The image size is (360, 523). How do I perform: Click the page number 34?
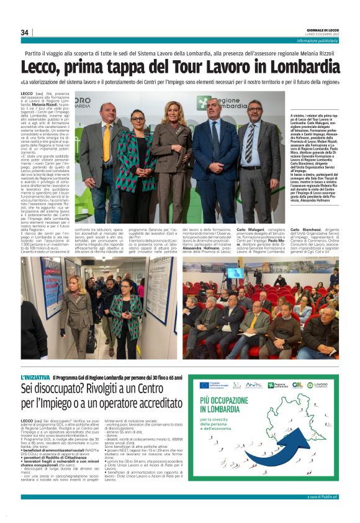[x=25, y=32]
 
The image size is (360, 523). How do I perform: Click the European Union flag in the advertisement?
[x=204, y=385]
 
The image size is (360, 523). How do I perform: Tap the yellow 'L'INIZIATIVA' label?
[x=35, y=377]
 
